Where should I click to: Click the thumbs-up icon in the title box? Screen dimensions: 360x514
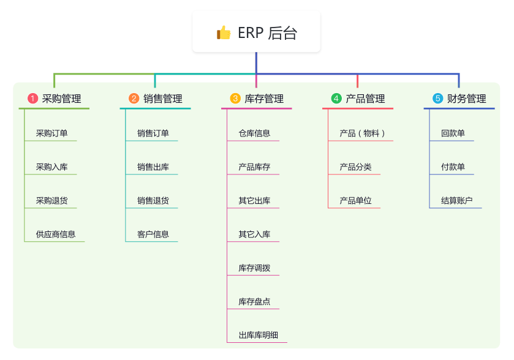[224, 32]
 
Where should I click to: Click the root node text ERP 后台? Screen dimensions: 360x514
[267, 33]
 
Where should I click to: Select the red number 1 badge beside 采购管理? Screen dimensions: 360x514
[33, 99]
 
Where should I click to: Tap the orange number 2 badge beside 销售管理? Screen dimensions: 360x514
[134, 99]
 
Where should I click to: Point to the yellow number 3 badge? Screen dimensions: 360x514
[235, 99]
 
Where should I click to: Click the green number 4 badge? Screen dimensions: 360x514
[336, 99]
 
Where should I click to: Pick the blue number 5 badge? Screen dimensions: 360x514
[437, 99]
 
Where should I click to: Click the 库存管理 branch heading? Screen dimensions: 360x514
[264, 99]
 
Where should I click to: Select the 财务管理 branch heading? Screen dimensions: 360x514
[466, 99]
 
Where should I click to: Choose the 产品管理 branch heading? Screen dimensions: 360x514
[365, 99]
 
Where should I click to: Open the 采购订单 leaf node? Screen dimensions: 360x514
[51, 133]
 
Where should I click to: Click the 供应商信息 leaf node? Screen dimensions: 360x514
[55, 234]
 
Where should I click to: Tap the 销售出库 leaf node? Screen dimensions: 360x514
[153, 167]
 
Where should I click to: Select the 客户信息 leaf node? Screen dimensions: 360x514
[153, 234]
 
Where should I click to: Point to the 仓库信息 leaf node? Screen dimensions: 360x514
[254, 133]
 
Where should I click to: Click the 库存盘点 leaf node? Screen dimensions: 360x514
[254, 301]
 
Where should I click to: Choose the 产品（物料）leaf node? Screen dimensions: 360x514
[362, 133]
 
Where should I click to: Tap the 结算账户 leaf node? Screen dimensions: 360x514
[456, 200]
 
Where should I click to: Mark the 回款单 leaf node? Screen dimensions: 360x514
[453, 133]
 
